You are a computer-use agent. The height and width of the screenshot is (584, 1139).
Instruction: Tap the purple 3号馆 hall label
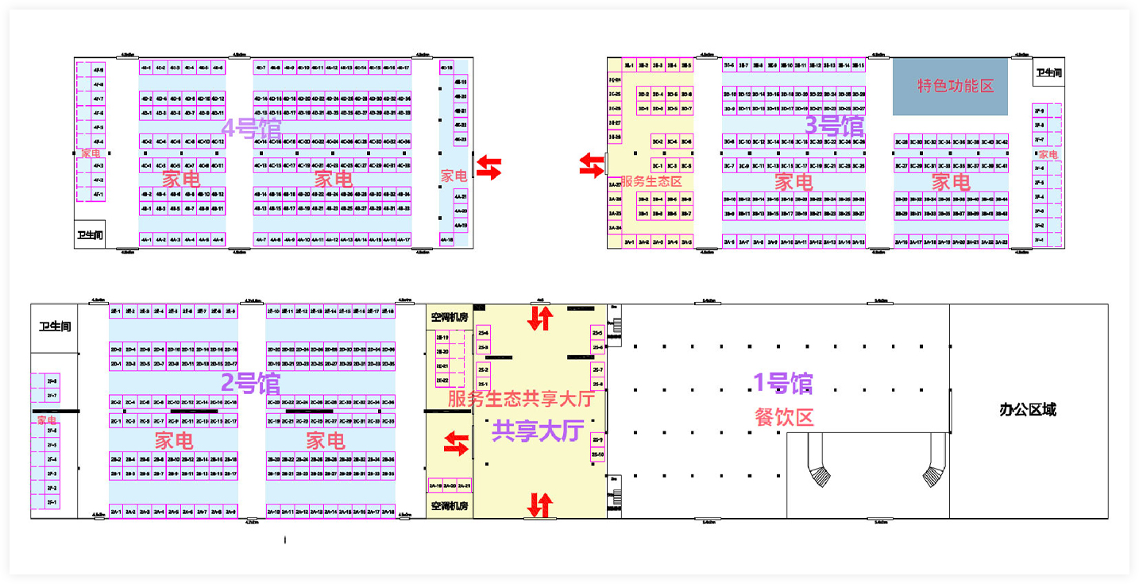coord(834,126)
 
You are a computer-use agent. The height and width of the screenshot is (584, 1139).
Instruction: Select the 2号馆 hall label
coord(250,384)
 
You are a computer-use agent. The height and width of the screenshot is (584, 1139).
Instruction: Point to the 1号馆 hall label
coord(783,384)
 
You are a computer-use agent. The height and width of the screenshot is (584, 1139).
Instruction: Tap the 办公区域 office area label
coord(1028,410)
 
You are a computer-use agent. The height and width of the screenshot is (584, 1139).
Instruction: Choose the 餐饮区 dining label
coord(785,416)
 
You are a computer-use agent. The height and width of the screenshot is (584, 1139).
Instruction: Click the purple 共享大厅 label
coord(538,431)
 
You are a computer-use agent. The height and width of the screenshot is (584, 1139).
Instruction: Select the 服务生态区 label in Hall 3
coord(651,182)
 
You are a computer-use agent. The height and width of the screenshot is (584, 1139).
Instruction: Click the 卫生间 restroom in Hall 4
coord(91,235)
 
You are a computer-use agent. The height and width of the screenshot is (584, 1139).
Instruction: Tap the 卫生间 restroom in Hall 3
coord(1048,73)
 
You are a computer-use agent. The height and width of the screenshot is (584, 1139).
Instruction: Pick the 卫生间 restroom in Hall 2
coord(55,326)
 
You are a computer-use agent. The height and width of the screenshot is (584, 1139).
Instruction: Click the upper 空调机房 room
coord(450,318)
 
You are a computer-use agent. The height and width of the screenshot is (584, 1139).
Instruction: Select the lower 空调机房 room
coord(450,505)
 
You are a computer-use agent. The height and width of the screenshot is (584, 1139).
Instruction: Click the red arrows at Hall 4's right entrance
coord(489,168)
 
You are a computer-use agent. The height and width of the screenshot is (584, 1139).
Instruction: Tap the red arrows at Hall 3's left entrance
coord(591,164)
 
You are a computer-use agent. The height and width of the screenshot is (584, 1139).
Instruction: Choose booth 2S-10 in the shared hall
coord(597,454)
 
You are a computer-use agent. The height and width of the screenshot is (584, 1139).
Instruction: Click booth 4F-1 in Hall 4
coord(98,194)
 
